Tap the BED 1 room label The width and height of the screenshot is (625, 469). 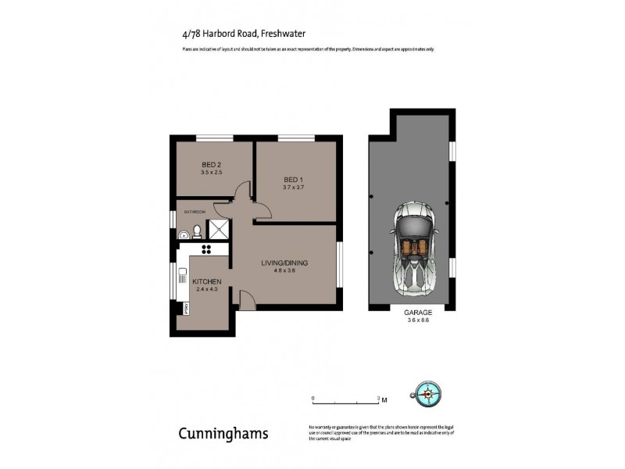(x=293, y=180)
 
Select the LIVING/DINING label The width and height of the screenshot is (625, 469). (x=284, y=263)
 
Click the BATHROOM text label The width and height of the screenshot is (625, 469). (x=194, y=212)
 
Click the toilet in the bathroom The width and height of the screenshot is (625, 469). (x=197, y=231)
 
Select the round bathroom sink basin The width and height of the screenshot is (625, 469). (x=183, y=232)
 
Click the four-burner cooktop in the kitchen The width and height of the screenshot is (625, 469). (x=209, y=249)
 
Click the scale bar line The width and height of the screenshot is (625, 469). (x=345, y=404)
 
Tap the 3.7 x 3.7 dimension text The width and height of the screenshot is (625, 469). (x=293, y=188)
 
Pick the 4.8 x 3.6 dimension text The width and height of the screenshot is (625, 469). (x=284, y=271)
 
